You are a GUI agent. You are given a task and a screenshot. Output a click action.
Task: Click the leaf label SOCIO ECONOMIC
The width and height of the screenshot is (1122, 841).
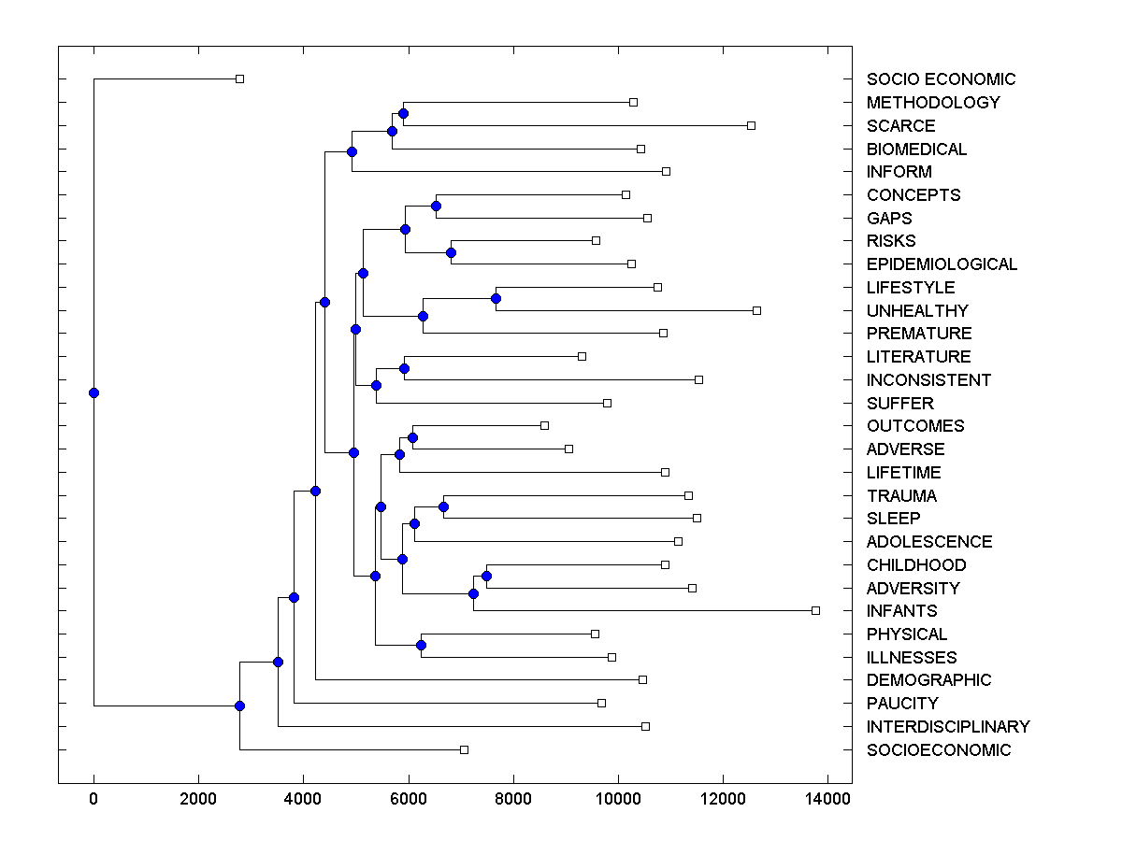tap(941, 79)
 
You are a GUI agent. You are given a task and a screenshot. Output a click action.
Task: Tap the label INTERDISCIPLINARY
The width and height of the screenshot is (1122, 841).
tap(948, 727)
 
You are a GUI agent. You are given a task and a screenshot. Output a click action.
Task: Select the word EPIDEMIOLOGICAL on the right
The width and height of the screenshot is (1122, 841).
tap(942, 264)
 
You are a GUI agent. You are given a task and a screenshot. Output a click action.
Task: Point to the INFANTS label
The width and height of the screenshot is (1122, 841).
tap(901, 611)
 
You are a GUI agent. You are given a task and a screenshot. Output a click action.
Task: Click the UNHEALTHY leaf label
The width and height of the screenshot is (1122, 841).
tap(917, 311)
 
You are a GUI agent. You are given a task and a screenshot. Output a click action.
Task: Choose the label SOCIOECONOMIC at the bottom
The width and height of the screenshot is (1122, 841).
tap(939, 750)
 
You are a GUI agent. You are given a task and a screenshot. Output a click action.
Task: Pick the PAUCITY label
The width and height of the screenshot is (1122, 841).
tap(902, 704)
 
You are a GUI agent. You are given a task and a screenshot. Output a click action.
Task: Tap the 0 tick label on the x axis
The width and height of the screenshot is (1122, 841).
tap(93, 798)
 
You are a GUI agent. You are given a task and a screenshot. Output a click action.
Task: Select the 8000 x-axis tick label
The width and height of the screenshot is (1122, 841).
tap(512, 798)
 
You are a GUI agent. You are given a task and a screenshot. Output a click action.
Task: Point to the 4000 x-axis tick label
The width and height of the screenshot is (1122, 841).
tap(303, 798)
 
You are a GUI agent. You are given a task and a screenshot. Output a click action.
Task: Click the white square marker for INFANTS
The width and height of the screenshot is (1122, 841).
tap(815, 610)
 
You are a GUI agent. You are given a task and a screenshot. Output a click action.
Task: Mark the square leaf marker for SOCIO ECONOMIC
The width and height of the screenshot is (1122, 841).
tap(239, 79)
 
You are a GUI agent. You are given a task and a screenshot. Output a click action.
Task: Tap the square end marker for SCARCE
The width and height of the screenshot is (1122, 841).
tap(751, 125)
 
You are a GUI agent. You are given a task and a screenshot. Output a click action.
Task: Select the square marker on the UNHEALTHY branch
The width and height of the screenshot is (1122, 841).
tap(756, 310)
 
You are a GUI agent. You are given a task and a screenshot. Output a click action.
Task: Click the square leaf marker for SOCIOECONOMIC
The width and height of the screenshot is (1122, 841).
tap(464, 749)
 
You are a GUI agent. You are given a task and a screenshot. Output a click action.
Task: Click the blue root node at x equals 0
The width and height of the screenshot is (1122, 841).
tap(93, 392)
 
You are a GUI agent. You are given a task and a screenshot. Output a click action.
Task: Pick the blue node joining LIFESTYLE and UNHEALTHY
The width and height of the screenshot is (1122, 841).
tap(496, 298)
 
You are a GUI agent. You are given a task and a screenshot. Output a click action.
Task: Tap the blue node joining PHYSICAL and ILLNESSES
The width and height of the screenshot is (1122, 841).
tap(421, 645)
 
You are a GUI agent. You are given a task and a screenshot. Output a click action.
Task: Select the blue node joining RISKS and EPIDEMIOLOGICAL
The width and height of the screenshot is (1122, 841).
tap(451, 252)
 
